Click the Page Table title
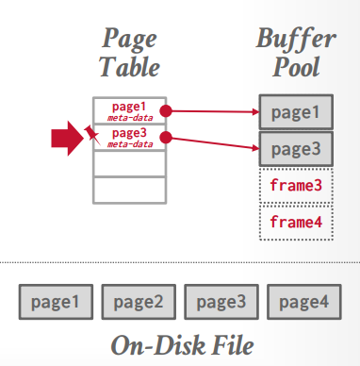(x=130, y=53)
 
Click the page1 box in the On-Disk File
(x=53, y=302)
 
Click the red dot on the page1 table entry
(x=167, y=110)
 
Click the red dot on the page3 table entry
(x=167, y=138)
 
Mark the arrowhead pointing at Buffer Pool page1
(x=255, y=112)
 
